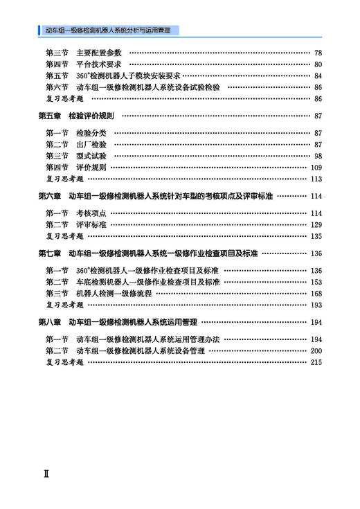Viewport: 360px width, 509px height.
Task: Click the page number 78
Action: [x=318, y=53]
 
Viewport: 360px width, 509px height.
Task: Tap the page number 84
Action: [x=318, y=75]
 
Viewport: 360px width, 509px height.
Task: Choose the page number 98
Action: [x=318, y=156]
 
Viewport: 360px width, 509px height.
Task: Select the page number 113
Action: [x=316, y=179]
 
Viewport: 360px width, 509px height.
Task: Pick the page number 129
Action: [x=316, y=224]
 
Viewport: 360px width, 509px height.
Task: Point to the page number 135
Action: [x=316, y=236]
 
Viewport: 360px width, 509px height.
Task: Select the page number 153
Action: [x=316, y=282]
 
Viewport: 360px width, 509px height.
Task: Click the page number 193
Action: [x=316, y=305]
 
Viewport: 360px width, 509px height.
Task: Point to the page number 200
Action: [x=316, y=350]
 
